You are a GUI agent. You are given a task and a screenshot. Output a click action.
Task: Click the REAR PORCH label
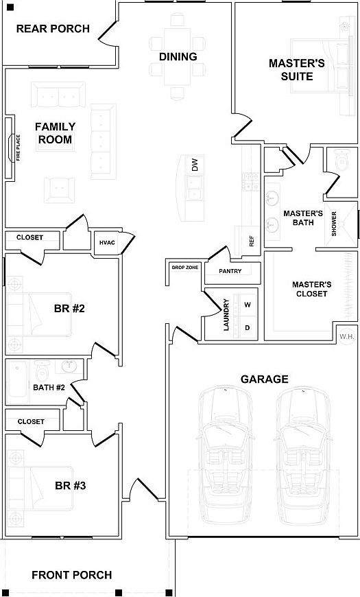[53, 29]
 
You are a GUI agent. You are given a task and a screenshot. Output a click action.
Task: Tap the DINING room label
[178, 57]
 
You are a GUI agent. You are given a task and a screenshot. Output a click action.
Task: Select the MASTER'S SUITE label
[296, 69]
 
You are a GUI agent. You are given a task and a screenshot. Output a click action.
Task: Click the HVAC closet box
[106, 242]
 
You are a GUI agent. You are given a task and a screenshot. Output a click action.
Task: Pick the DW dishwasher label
[195, 165]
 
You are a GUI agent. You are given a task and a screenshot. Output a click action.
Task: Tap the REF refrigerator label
[252, 241]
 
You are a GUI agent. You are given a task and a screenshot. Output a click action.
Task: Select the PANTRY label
[230, 271]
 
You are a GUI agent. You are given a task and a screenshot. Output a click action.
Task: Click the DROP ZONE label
[185, 267]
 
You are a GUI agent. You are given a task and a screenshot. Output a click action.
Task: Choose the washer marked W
[248, 304]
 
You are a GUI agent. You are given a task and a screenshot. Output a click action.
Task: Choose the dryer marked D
[248, 327]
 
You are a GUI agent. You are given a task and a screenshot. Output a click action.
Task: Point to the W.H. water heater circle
[346, 336]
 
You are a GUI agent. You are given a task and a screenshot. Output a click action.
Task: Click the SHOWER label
[335, 224]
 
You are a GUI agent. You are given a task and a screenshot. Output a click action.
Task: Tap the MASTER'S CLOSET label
[312, 289]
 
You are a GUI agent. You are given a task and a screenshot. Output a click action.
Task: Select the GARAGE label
[264, 379]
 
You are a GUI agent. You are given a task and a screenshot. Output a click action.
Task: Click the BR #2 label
[69, 308]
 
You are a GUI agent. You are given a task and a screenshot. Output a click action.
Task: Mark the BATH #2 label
[49, 388]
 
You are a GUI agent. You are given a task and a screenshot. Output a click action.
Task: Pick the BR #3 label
[69, 486]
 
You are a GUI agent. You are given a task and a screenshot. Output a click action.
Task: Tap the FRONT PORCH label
[71, 575]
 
